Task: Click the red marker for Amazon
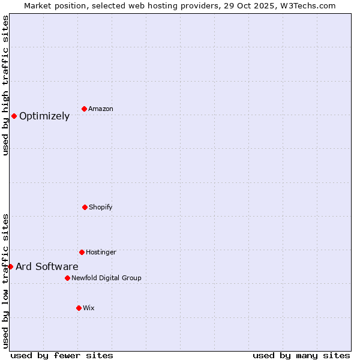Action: [84, 109]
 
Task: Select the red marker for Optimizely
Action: [14, 116]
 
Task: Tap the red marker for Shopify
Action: [85, 207]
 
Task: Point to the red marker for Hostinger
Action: [82, 252]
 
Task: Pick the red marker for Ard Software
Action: [10, 266]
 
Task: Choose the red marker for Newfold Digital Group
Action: [67, 278]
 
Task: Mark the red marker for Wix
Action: [79, 308]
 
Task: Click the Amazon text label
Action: [101, 109]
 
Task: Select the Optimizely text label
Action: [44, 116]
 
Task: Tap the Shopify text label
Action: [101, 208]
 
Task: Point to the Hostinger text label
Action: [101, 253]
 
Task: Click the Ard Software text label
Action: [47, 267]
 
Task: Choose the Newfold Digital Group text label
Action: [106, 278]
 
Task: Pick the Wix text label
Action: [89, 308]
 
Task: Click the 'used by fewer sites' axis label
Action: [62, 355]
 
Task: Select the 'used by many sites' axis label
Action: [301, 355]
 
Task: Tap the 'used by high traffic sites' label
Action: [5, 85]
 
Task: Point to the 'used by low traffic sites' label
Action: [5, 281]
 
